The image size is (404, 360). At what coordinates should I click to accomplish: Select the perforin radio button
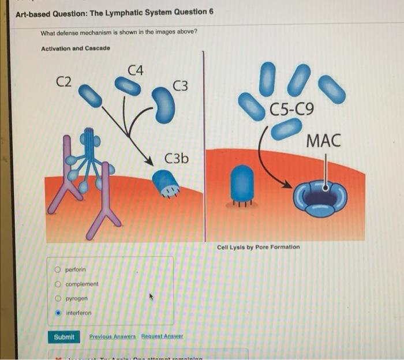pos(58,269)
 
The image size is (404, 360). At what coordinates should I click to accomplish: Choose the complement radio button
pos(58,284)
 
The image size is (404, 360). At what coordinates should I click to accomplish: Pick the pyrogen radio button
pos(58,298)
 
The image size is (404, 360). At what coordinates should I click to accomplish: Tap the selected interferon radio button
pos(58,313)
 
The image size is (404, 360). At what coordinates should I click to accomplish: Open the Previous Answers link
pos(112,336)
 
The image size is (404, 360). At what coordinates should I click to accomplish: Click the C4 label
pos(137,70)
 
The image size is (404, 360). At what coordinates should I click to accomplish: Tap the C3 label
pos(180,87)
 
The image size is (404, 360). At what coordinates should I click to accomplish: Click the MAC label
pos(324,140)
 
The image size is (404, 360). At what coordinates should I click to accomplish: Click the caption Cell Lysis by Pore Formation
pos(258,247)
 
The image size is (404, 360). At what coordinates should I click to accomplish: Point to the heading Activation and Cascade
pos(75,48)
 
